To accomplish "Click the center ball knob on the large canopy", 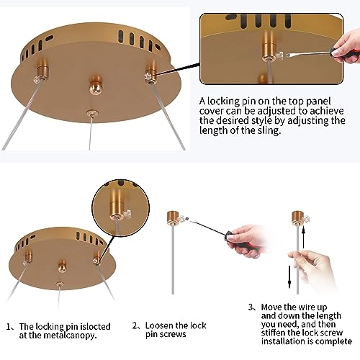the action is point(96,84).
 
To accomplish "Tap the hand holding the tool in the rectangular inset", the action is point(346,48).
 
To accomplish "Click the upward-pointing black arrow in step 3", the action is point(303,238).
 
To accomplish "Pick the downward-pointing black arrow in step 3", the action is point(289,276).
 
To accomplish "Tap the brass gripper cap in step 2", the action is point(173,217).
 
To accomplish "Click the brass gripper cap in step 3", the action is point(297,217).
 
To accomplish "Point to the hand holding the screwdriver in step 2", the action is point(245,240).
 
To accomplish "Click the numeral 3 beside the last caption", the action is point(251,307).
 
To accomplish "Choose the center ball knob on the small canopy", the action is point(63,266).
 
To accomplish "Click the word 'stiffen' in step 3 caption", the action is point(274,333).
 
